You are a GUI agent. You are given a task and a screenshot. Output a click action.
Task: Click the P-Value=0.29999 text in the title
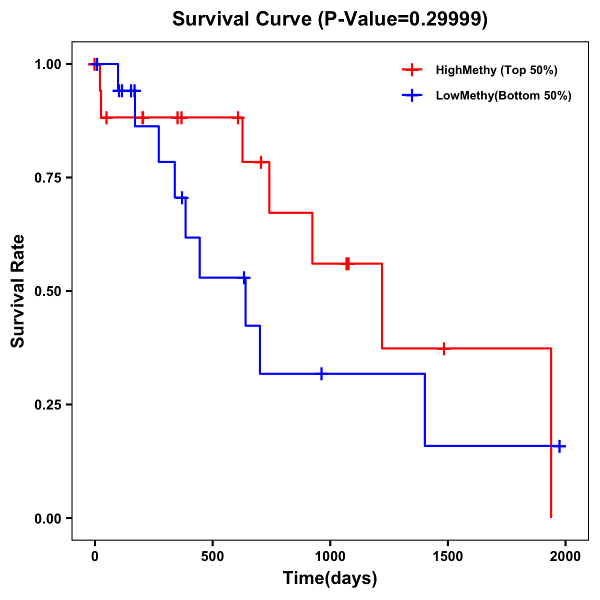pos(403,19)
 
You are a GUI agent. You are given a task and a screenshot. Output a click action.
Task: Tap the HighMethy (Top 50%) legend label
pos(496,70)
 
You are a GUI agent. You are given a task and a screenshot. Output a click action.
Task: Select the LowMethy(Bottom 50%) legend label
pos(503,95)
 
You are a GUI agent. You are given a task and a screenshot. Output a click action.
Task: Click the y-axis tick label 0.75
pos(47,177)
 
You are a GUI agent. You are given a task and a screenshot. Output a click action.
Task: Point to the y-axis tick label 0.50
pos(47,291)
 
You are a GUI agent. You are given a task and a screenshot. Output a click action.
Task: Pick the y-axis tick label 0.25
pos(47,404)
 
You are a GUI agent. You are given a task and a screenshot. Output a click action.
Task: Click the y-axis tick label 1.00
pos(47,64)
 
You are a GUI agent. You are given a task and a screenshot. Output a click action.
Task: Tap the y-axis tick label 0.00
pos(47,518)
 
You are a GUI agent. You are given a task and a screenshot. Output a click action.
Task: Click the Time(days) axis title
pos(330,578)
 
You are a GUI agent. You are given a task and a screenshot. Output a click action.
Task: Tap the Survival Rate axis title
pos(18,291)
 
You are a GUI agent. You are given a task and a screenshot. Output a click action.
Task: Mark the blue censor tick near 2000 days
pos(559,446)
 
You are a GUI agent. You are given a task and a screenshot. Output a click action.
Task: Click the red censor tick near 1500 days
pos(443,348)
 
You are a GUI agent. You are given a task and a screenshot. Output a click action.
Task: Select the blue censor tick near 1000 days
pos(321,373)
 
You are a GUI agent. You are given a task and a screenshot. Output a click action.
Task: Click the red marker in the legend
pos(412,70)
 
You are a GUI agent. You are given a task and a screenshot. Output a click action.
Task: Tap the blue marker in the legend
pos(412,95)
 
